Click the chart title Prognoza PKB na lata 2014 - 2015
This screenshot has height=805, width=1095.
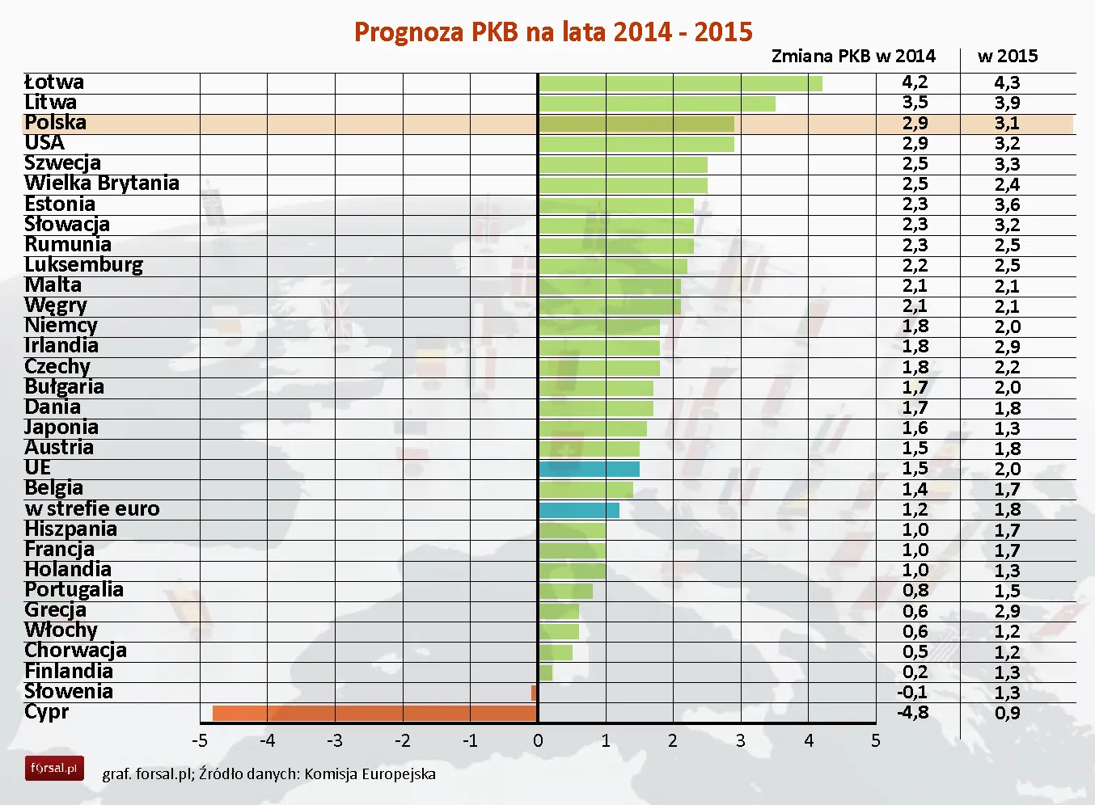[553, 32]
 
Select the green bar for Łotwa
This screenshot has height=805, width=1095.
[680, 83]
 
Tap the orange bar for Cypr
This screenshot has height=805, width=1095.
[374, 713]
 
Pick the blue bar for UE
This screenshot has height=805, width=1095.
[589, 469]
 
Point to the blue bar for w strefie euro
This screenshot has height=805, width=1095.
[579, 510]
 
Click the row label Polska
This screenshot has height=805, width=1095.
[55, 123]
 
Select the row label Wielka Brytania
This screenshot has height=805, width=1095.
[102, 183]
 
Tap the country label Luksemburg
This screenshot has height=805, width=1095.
[83, 265]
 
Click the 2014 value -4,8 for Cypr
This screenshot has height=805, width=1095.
[913, 713]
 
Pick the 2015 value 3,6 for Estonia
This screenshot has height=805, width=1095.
[1007, 204]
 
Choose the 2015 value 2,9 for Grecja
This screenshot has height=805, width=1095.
[1007, 611]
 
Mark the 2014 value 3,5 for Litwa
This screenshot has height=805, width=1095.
[915, 103]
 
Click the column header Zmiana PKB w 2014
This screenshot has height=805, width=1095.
[853, 57]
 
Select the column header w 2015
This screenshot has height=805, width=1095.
[1007, 57]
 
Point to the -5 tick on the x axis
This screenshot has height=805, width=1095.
[200, 741]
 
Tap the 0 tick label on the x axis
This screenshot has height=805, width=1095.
[538, 741]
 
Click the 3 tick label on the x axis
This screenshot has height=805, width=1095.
[740, 741]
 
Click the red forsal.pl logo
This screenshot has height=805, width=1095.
[54, 769]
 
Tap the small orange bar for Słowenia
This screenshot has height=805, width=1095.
[534, 693]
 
